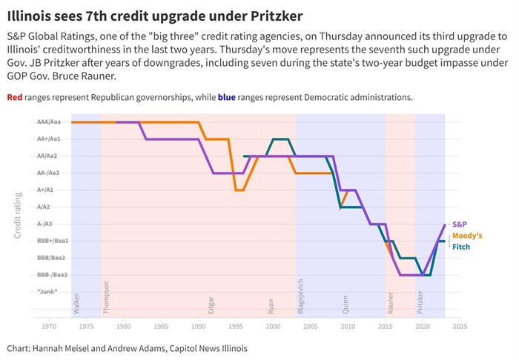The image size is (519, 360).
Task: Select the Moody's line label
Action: (467, 236)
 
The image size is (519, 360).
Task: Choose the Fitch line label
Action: (461, 247)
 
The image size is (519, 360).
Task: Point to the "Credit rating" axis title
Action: (18, 215)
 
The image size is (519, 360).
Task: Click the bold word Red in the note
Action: (14, 97)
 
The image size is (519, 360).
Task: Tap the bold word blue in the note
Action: (226, 97)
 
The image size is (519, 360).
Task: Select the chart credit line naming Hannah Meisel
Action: (127, 348)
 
